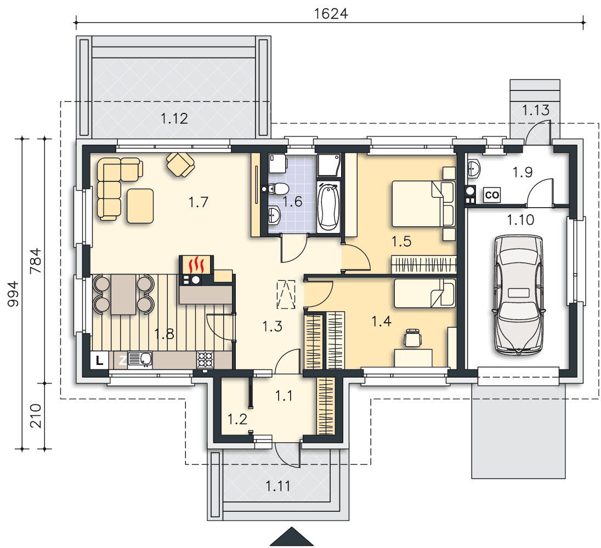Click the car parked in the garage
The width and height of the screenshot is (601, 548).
coord(519,295)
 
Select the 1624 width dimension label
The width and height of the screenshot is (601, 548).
coord(331,14)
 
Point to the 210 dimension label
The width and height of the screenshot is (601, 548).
coord(35,415)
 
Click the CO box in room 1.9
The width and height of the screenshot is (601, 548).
coord(492,195)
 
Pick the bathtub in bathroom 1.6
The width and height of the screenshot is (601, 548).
coord(329,207)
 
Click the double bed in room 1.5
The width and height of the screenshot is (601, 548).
coord(423,204)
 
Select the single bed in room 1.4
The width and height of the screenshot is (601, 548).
coord(424,293)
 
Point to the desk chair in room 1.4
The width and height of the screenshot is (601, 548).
coord(412,338)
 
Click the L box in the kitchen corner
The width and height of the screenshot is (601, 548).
coord(100,361)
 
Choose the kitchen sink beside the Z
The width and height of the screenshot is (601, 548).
coord(140,359)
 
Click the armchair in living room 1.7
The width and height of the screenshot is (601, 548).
coord(180,164)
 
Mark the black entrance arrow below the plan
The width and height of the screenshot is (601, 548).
coord(292,536)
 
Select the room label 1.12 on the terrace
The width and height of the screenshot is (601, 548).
coord(174,118)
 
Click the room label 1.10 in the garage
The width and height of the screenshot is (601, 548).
coord(520,220)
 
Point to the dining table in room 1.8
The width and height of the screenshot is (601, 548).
coord(123,294)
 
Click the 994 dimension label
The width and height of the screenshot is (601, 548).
coord(13,294)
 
